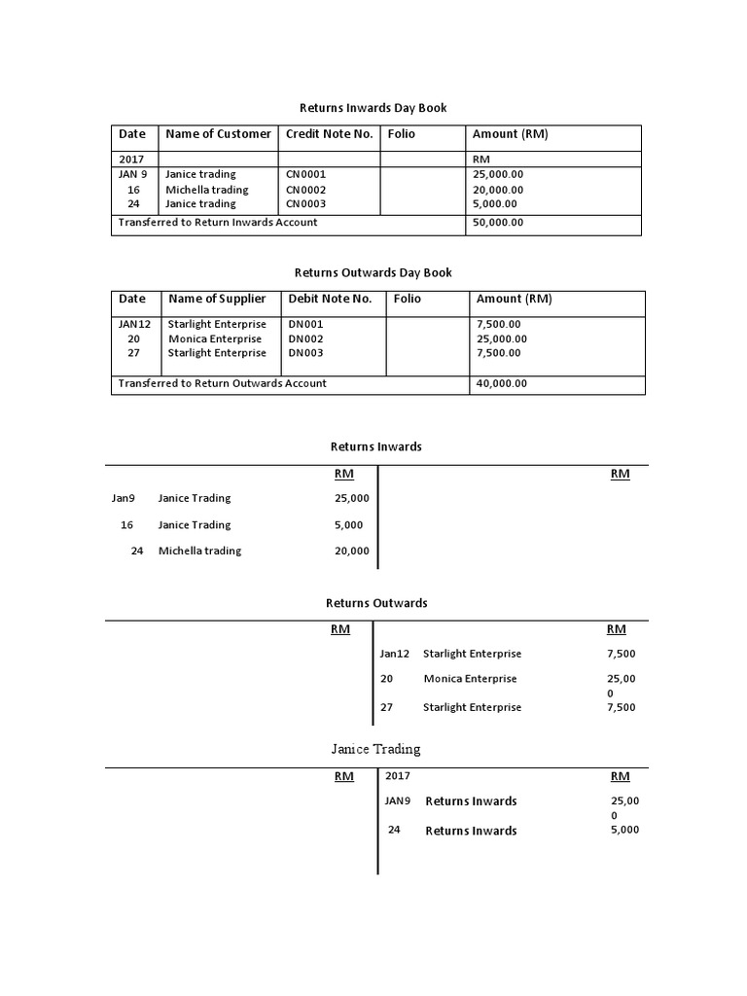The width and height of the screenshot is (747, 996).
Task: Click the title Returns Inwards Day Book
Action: [372, 108]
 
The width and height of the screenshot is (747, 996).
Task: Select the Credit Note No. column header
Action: [329, 134]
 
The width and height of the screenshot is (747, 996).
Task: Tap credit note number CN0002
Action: [305, 190]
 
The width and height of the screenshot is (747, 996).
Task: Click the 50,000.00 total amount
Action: [497, 223]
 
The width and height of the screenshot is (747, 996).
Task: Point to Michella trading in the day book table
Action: [206, 190]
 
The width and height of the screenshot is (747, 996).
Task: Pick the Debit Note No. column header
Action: [330, 299]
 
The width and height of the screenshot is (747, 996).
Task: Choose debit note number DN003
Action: [305, 353]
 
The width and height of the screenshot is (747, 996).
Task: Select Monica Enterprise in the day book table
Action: [215, 339]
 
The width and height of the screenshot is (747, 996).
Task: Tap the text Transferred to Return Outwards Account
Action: [222, 383]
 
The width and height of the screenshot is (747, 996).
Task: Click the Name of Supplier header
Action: [217, 299]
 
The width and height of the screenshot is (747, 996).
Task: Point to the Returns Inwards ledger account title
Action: [375, 446]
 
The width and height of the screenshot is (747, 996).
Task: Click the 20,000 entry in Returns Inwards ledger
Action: [351, 551]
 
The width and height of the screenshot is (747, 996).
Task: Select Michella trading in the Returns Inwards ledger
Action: [199, 551]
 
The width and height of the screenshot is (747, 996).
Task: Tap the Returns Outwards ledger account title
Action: [375, 603]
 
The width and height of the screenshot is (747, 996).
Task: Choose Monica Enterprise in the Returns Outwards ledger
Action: [470, 679]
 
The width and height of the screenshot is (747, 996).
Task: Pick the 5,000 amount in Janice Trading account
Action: [624, 830]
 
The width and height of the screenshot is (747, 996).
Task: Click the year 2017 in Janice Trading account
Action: [398, 776]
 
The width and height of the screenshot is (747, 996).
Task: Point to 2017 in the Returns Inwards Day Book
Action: [130, 159]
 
